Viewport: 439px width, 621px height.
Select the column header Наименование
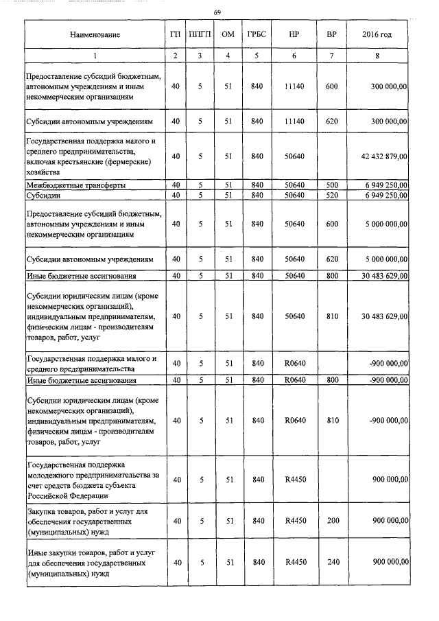(95, 34)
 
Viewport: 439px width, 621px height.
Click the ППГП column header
(200, 34)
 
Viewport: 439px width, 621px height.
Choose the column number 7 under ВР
(332, 56)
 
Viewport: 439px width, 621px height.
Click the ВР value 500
(332, 185)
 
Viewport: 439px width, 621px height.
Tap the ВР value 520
(332, 195)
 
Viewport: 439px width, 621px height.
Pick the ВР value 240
(332, 563)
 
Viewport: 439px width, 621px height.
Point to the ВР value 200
(332, 521)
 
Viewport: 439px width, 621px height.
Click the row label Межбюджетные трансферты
(75, 186)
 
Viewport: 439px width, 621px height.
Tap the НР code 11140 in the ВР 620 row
(294, 121)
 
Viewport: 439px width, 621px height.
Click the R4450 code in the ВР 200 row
(294, 521)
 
